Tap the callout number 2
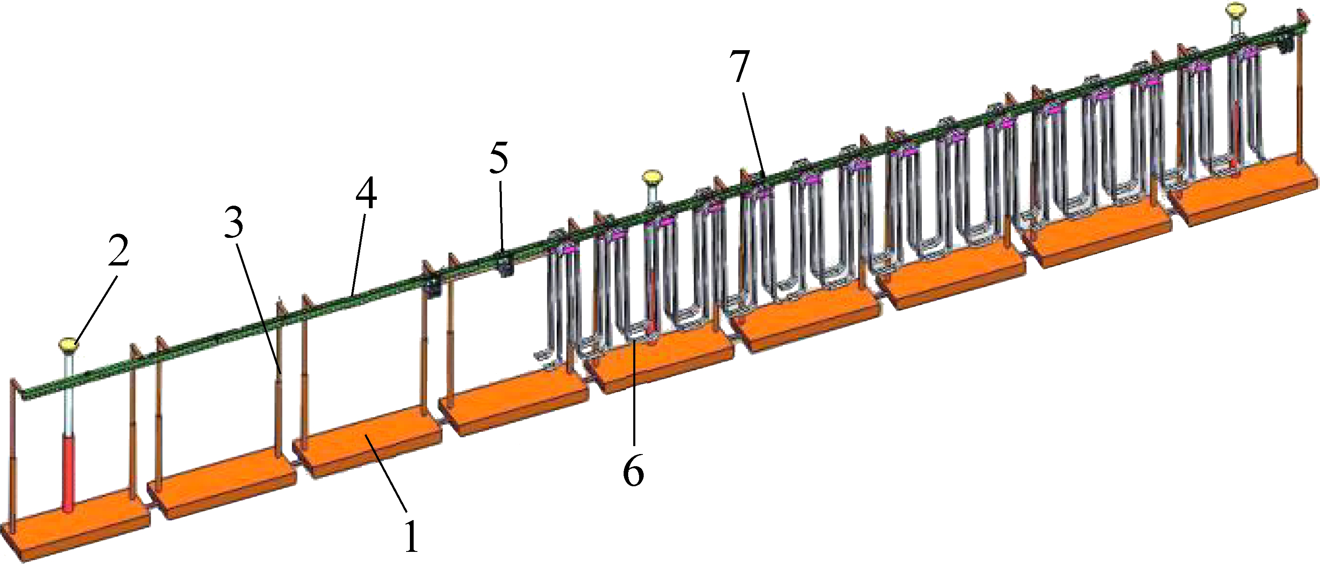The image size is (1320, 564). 119,251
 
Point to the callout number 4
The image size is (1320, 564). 366,194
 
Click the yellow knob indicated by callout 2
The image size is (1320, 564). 69,344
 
